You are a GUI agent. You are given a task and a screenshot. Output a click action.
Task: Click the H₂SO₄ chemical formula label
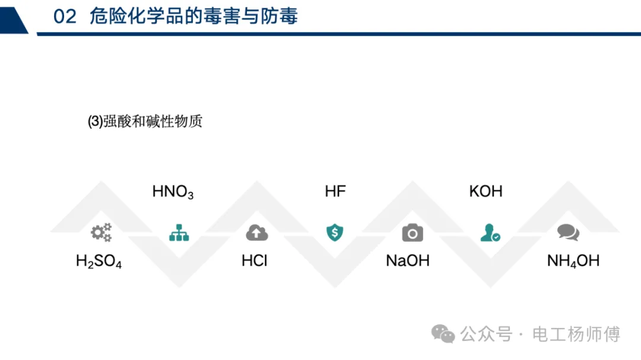pyautogui.click(x=99, y=262)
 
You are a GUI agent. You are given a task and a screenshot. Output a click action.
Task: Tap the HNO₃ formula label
pyautogui.click(x=173, y=192)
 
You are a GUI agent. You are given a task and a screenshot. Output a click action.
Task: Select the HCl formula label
pyautogui.click(x=254, y=261)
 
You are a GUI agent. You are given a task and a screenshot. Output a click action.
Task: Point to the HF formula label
pyautogui.click(x=335, y=191)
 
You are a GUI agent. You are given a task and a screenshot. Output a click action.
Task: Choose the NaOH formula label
pyautogui.click(x=408, y=261)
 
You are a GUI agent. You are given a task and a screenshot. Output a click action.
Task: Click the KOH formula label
pyautogui.click(x=485, y=191)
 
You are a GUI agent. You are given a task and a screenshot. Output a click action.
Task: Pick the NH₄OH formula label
pyautogui.click(x=573, y=261)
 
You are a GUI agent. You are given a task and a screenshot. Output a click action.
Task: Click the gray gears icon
pyautogui.click(x=101, y=232)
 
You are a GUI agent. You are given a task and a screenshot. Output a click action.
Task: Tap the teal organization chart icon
pyautogui.click(x=179, y=232)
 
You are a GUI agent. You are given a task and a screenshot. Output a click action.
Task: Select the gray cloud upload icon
pyautogui.click(x=257, y=233)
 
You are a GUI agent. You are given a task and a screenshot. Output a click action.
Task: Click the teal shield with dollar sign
pyautogui.click(x=335, y=232)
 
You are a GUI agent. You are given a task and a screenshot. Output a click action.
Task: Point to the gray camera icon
pyautogui.click(x=412, y=233)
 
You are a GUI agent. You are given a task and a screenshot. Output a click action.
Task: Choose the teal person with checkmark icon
pyautogui.click(x=490, y=232)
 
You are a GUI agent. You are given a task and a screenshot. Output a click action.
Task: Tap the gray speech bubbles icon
pyautogui.click(x=568, y=232)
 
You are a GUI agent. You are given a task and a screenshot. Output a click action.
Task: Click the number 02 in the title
pyautogui.click(x=65, y=17)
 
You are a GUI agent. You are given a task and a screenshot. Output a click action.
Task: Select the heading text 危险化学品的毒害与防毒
pyautogui.click(x=193, y=17)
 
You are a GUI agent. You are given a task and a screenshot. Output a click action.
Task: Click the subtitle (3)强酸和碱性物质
pyautogui.click(x=145, y=122)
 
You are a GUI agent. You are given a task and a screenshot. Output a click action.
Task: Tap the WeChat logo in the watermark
pyautogui.click(x=443, y=334)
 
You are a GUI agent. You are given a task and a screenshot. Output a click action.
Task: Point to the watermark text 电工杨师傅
pyautogui.click(x=576, y=334)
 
